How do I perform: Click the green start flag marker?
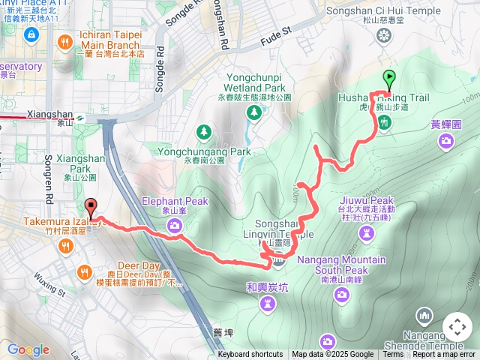pos(389,76)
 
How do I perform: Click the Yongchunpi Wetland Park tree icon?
pos(254,112)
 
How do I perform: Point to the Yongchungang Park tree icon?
pos(204,132)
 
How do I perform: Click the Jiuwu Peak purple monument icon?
pos(365,232)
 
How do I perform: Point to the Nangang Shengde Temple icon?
pos(424,315)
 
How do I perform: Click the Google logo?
pos(28,349)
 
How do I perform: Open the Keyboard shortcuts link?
pos(250,355)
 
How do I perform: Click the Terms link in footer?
pos(393,355)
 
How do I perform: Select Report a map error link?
pos(444,355)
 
